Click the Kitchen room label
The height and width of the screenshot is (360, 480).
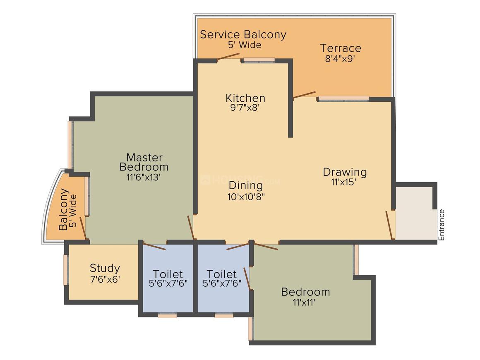(245, 98)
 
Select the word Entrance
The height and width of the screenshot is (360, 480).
(441, 225)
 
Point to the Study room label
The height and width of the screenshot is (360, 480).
(105, 269)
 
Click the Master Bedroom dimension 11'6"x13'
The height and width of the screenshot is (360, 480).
(144, 177)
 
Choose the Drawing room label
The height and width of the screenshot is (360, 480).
(345, 173)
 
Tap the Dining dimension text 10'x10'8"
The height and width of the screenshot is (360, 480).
(246, 197)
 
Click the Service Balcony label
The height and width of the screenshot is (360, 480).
(243, 35)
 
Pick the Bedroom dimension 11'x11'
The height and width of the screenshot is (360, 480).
(304, 302)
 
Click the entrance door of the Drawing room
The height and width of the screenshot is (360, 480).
(389, 225)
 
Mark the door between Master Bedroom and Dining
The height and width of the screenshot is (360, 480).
(190, 228)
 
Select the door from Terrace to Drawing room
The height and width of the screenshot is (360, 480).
(304, 95)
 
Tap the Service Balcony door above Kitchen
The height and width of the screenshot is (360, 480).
(228, 57)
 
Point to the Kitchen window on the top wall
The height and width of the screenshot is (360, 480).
(259, 60)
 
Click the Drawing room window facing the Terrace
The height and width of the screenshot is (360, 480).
(344, 98)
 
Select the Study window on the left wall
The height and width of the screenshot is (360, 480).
(65, 270)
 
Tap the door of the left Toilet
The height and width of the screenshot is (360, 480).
(155, 246)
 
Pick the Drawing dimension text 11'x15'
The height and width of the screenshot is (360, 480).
(343, 182)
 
